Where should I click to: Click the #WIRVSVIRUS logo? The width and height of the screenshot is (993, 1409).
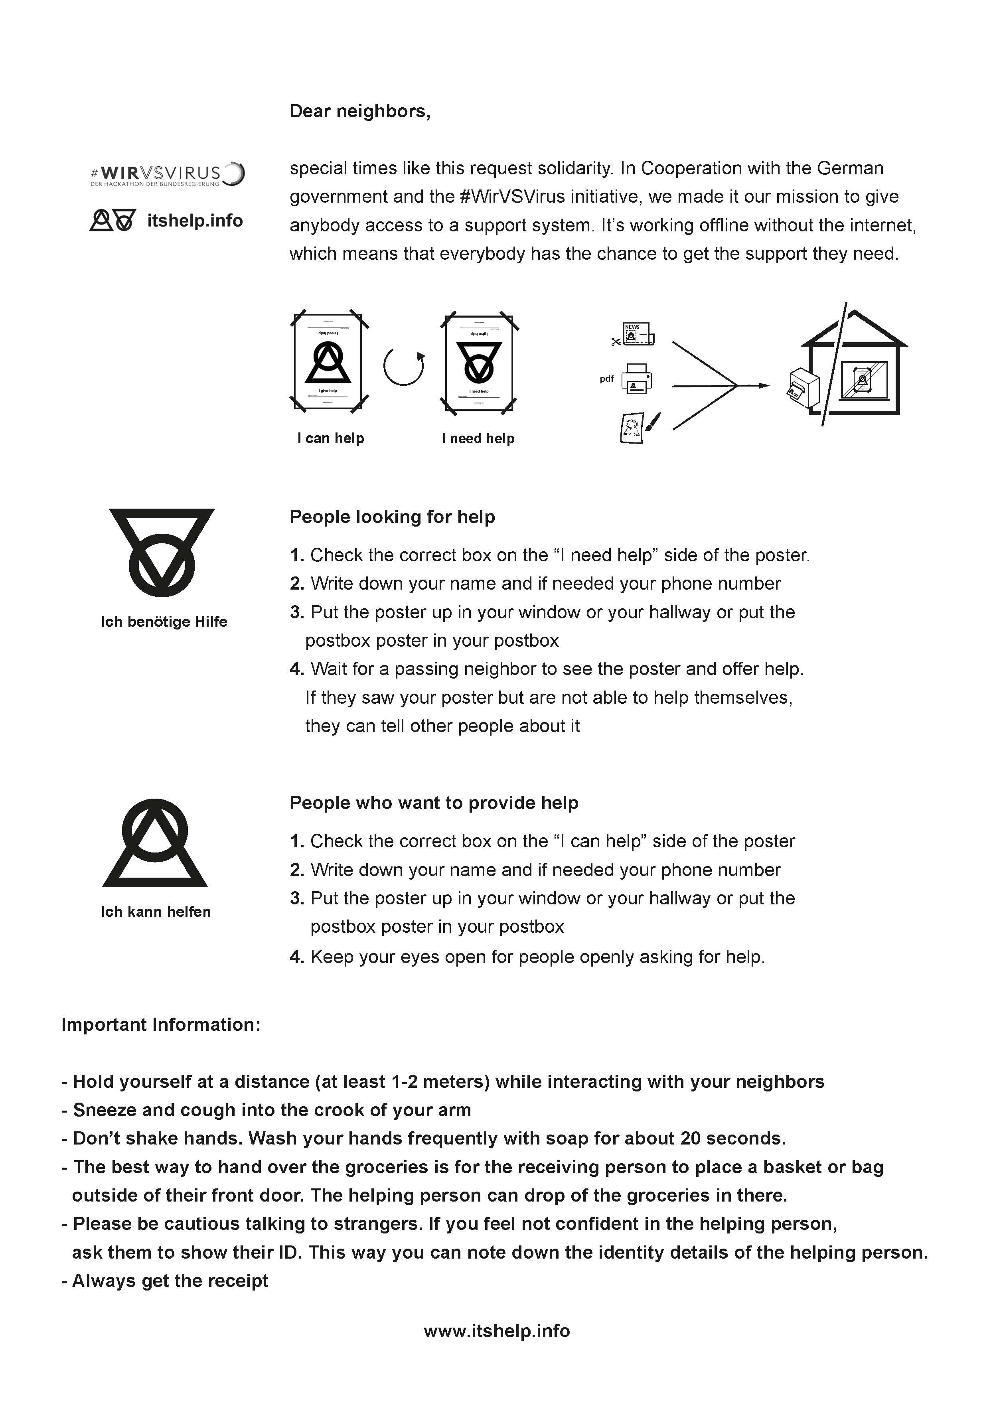click(x=167, y=174)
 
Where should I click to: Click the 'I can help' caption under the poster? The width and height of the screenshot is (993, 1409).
click(x=331, y=438)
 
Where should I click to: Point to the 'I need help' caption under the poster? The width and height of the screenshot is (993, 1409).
click(x=478, y=438)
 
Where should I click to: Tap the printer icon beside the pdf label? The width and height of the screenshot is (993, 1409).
click(x=636, y=379)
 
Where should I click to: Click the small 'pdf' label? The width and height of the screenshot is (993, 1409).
click(x=606, y=379)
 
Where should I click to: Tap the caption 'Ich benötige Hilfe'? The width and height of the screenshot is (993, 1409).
click(x=164, y=622)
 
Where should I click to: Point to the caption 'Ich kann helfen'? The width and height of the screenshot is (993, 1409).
click(x=156, y=912)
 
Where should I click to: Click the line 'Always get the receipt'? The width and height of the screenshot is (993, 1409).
click(x=166, y=1281)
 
